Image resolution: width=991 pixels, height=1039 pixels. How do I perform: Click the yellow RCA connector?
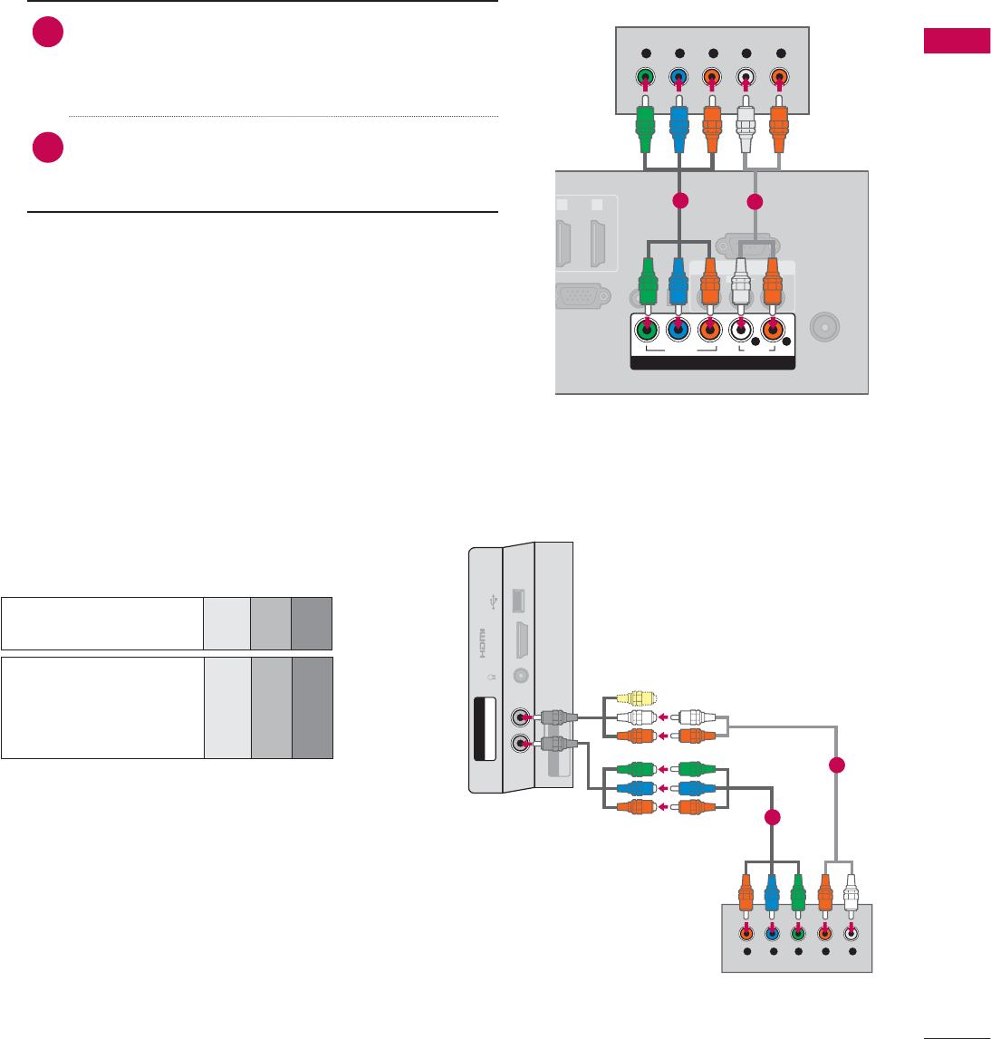tap(632, 698)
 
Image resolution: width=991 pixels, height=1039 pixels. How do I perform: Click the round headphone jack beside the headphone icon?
tap(520, 675)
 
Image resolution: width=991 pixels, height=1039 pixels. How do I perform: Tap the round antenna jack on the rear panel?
tap(825, 326)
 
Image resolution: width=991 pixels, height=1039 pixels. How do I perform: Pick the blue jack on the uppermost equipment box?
tap(678, 78)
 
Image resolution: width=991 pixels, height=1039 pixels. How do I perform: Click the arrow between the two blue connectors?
tap(668, 788)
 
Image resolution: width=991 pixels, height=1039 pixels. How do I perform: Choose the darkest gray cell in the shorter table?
tap(312, 623)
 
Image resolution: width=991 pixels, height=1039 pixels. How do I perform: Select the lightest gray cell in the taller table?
tap(227, 708)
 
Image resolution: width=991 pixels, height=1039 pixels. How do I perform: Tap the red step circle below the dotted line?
tap(47, 148)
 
